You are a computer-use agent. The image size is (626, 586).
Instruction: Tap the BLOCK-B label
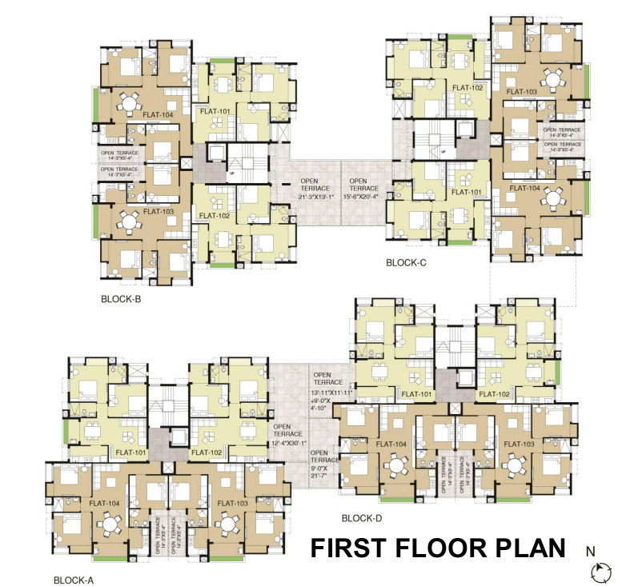pyautogui.click(x=121, y=300)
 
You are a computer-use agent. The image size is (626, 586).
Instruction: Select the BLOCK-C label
pyautogui.click(x=408, y=262)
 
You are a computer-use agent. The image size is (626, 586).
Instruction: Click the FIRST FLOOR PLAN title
pyautogui.click(x=438, y=549)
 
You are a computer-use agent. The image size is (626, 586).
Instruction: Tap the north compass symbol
pyautogui.click(x=599, y=571)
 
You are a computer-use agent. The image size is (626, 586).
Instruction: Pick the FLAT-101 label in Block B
pyautogui.click(x=213, y=112)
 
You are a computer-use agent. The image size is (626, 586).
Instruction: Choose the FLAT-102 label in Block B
pyautogui.click(x=215, y=216)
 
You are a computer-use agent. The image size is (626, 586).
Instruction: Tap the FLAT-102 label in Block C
pyautogui.click(x=467, y=88)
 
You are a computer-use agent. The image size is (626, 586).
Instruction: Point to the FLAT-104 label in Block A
pyautogui.click(x=104, y=503)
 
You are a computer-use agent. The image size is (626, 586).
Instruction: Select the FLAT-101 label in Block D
pyautogui.click(x=415, y=394)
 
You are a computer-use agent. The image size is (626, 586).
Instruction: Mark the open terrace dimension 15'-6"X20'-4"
pyautogui.click(x=367, y=197)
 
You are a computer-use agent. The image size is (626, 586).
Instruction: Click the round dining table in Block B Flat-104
pyautogui.click(x=129, y=103)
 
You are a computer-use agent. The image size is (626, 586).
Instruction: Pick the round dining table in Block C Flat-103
pyautogui.click(x=552, y=79)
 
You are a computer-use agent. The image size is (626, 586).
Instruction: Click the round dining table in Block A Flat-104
pyautogui.click(x=108, y=524)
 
